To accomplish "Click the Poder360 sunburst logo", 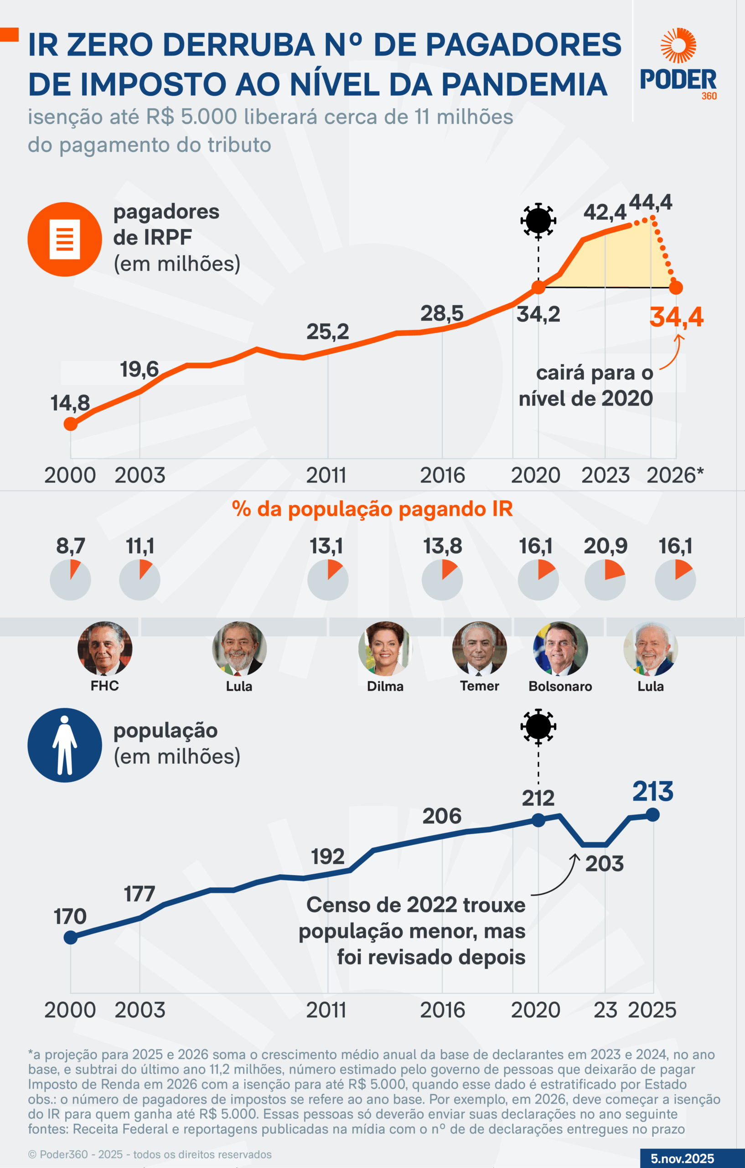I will [678, 46].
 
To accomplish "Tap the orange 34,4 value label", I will [676, 317].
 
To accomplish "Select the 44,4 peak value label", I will [651, 202].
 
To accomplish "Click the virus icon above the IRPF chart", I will [538, 220].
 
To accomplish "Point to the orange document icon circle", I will [64, 239].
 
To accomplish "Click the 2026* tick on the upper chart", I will [675, 475].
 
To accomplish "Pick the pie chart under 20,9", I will [605, 579].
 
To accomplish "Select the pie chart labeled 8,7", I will [70, 579].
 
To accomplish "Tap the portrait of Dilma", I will [385, 648].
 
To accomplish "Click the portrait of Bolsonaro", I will [560, 648].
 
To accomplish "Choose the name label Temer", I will [479, 686].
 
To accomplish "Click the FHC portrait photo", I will [105, 648].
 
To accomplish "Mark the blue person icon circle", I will [64, 745].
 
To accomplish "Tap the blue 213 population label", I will [653, 792].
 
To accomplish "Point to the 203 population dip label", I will [605, 864].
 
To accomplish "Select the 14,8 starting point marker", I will [70, 424].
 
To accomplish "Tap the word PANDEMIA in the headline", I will [524, 84].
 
